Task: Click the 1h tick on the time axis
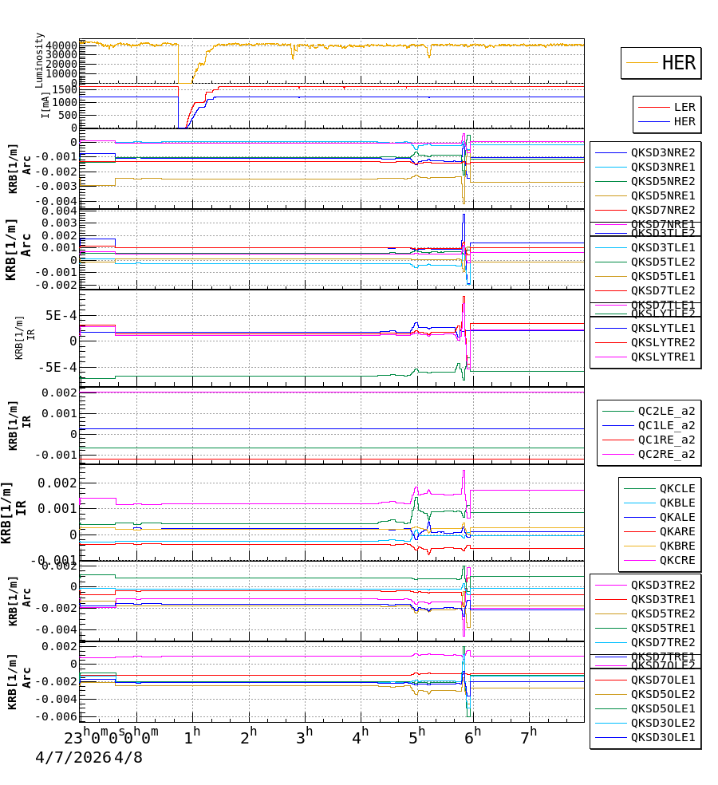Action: pos(192,736)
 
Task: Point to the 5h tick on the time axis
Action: pos(417,736)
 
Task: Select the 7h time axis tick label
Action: pos(529,736)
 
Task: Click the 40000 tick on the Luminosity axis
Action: pos(61,45)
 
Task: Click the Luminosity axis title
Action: pos(40,60)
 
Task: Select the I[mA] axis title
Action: pos(45,105)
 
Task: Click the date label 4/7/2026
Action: pos(73,757)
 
